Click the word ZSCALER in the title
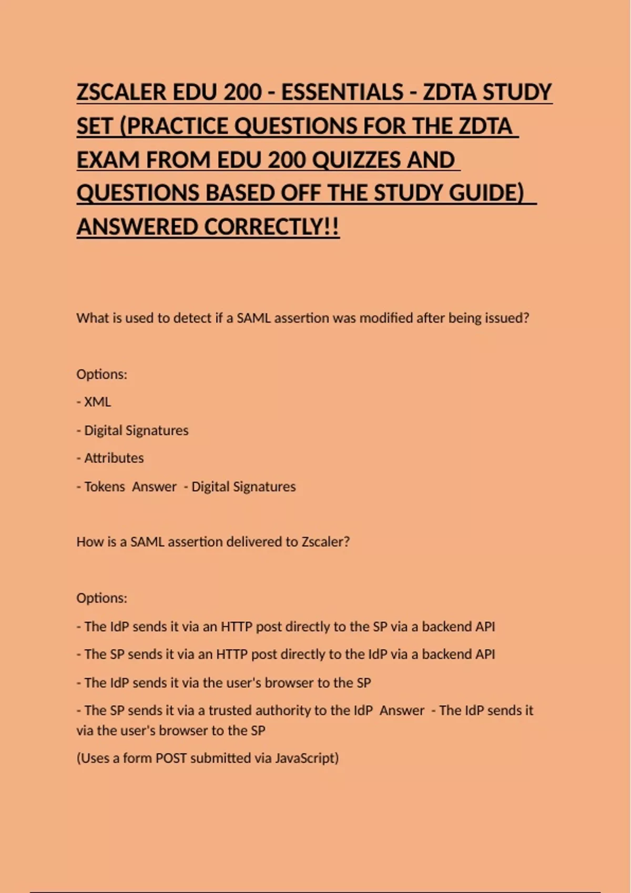[x=121, y=92]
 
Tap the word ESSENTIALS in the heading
[x=342, y=92]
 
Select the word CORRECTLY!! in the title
[x=271, y=227]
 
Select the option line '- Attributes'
[x=110, y=458]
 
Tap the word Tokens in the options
[x=104, y=486]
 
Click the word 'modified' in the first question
[x=385, y=318]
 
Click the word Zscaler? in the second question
[x=325, y=542]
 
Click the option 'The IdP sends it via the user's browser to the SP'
[x=224, y=682]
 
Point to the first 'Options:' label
[x=102, y=374]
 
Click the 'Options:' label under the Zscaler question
[x=102, y=598]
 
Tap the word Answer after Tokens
[x=154, y=486]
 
